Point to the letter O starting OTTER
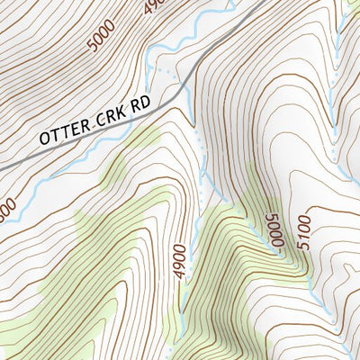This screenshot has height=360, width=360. pyautogui.click(x=45, y=139)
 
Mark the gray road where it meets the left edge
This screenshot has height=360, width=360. pyautogui.click(x=3, y=166)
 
